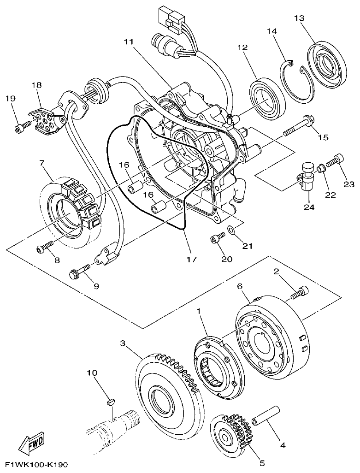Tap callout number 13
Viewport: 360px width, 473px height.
coord(299,18)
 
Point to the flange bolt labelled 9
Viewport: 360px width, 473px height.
coord(81,271)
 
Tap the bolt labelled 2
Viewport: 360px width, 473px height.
coord(299,292)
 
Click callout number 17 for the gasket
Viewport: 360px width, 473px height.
coord(192,259)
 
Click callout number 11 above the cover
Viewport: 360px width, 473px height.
coord(128,42)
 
